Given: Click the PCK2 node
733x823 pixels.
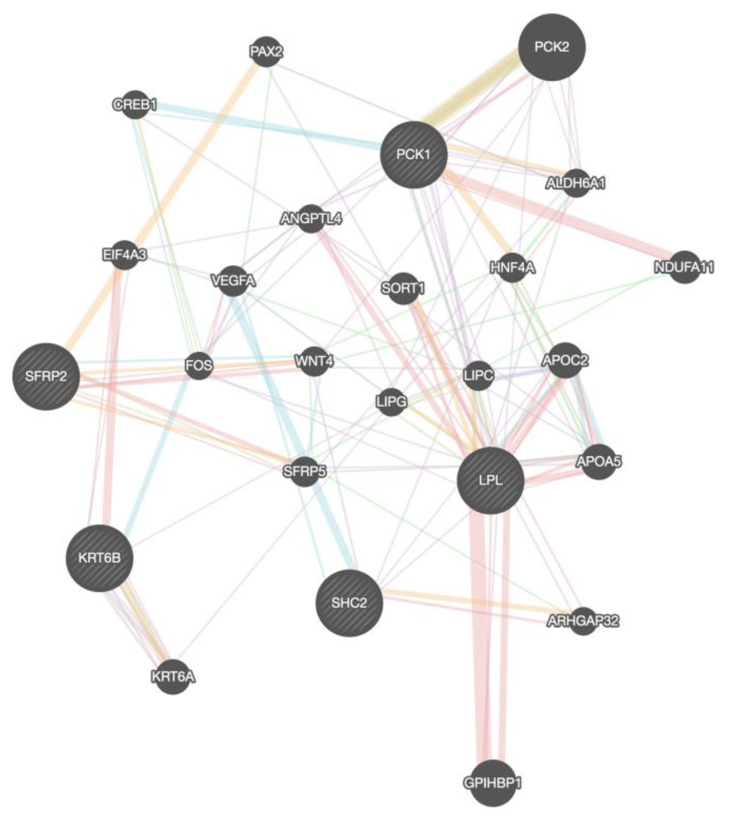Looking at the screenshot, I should click(551, 47).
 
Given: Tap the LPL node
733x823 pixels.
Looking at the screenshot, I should click(491, 480).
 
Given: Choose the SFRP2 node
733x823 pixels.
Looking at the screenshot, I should click(46, 377).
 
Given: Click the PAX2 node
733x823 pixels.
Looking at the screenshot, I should click(266, 52).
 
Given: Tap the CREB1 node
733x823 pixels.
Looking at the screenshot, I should click(135, 105).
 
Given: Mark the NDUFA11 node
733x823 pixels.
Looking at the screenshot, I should click(684, 267).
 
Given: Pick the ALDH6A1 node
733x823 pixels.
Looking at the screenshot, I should click(576, 183).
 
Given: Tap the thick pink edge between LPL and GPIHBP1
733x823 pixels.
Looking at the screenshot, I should click(478, 636).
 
